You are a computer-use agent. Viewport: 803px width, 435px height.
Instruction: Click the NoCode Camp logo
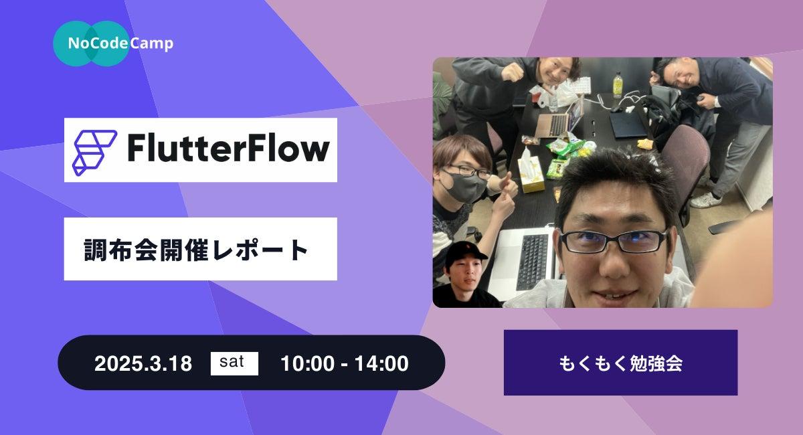click(113, 43)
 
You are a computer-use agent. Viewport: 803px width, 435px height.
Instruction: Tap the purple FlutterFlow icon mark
click(94, 153)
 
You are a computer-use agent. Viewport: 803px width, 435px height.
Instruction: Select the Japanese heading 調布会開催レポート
click(195, 250)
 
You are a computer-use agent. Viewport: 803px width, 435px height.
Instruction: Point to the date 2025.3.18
click(143, 363)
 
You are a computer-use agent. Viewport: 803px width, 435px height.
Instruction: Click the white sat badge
click(234, 363)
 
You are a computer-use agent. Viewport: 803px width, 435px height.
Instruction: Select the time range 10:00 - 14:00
click(345, 363)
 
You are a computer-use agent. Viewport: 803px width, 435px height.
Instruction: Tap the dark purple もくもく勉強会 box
click(620, 363)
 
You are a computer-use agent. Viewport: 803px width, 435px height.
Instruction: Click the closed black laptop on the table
click(628, 124)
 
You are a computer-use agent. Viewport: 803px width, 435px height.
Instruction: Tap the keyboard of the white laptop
click(533, 262)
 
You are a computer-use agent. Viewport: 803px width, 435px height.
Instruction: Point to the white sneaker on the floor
click(705, 201)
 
